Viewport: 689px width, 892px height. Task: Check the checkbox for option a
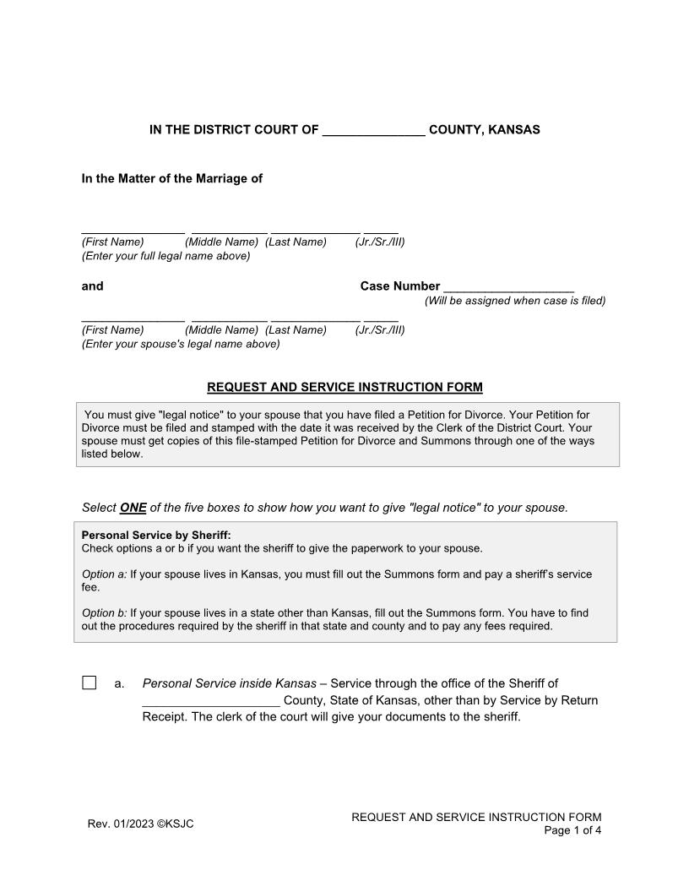(90, 683)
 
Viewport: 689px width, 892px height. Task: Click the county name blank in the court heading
(373, 131)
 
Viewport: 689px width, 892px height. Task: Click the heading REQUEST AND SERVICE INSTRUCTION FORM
(344, 388)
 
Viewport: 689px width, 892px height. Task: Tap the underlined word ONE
(133, 508)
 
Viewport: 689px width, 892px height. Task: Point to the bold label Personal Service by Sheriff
(156, 536)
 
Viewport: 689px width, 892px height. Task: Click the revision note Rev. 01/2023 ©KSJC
(140, 824)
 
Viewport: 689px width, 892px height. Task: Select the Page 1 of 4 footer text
(572, 830)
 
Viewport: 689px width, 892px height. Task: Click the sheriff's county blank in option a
(211, 701)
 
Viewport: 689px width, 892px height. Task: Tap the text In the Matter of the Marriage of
(171, 178)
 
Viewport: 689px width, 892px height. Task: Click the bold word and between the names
(92, 286)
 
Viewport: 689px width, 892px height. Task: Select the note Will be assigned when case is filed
(515, 301)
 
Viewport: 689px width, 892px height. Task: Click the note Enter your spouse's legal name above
(181, 344)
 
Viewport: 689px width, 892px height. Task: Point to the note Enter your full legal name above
(165, 256)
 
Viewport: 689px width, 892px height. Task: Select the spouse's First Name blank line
(133, 319)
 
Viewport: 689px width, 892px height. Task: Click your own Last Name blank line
(315, 230)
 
